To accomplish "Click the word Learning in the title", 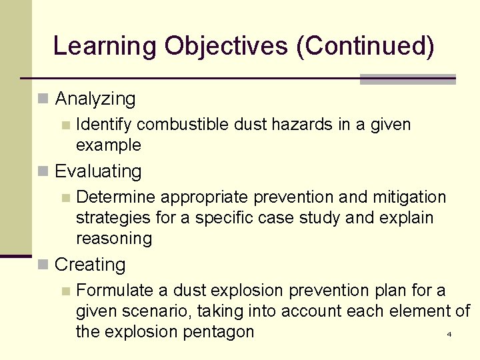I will pyautogui.click(x=105, y=46).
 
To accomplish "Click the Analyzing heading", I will pyautogui.click(x=95, y=99).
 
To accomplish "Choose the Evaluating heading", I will pyautogui.click(x=98, y=171).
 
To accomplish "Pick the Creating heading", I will pyautogui.click(x=90, y=265).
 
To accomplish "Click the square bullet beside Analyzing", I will pyautogui.click(x=43, y=99).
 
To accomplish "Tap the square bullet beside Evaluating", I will pyautogui.click(x=43, y=171).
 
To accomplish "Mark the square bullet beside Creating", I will pyautogui.click(x=43, y=265).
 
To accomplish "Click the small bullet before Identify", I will pyautogui.click(x=65, y=125).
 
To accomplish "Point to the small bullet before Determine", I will pyautogui.click(x=65, y=197).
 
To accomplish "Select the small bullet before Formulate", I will pyautogui.click(x=65, y=291).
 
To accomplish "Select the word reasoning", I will pyautogui.click(x=114, y=239).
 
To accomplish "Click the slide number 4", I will pyautogui.click(x=449, y=334).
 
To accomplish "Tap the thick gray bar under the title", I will pyautogui.click(x=407, y=79).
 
